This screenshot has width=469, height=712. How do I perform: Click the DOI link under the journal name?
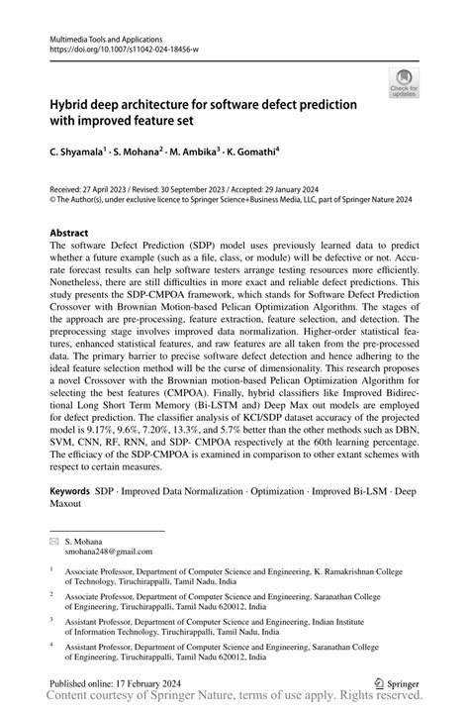click(113, 46)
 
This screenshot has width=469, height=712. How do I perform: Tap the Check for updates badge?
click(404, 83)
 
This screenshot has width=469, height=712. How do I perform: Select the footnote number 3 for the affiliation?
click(52, 618)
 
